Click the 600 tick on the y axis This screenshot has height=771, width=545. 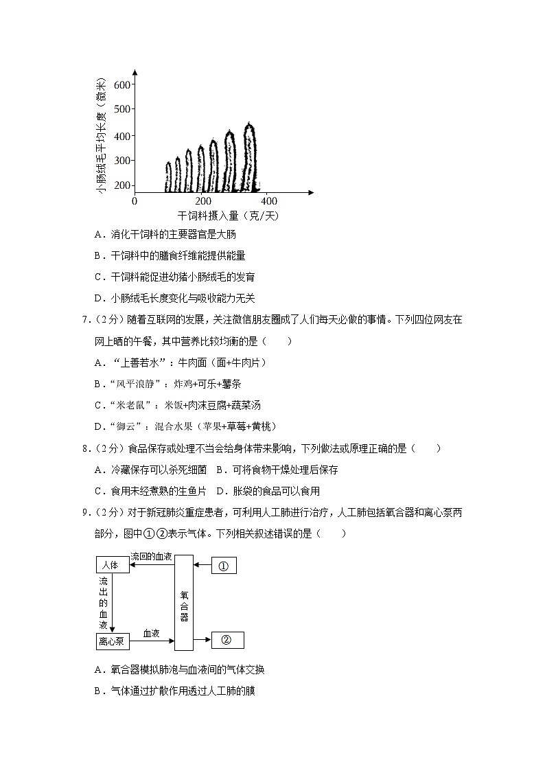122,84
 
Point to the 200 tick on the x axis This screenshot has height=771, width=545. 203,200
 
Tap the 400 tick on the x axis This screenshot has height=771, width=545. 270,200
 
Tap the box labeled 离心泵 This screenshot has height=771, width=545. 112,642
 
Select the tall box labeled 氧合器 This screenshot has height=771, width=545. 184,602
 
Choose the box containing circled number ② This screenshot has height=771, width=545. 228,640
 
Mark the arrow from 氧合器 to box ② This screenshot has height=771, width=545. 202,640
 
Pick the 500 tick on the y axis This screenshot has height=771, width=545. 122,109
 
